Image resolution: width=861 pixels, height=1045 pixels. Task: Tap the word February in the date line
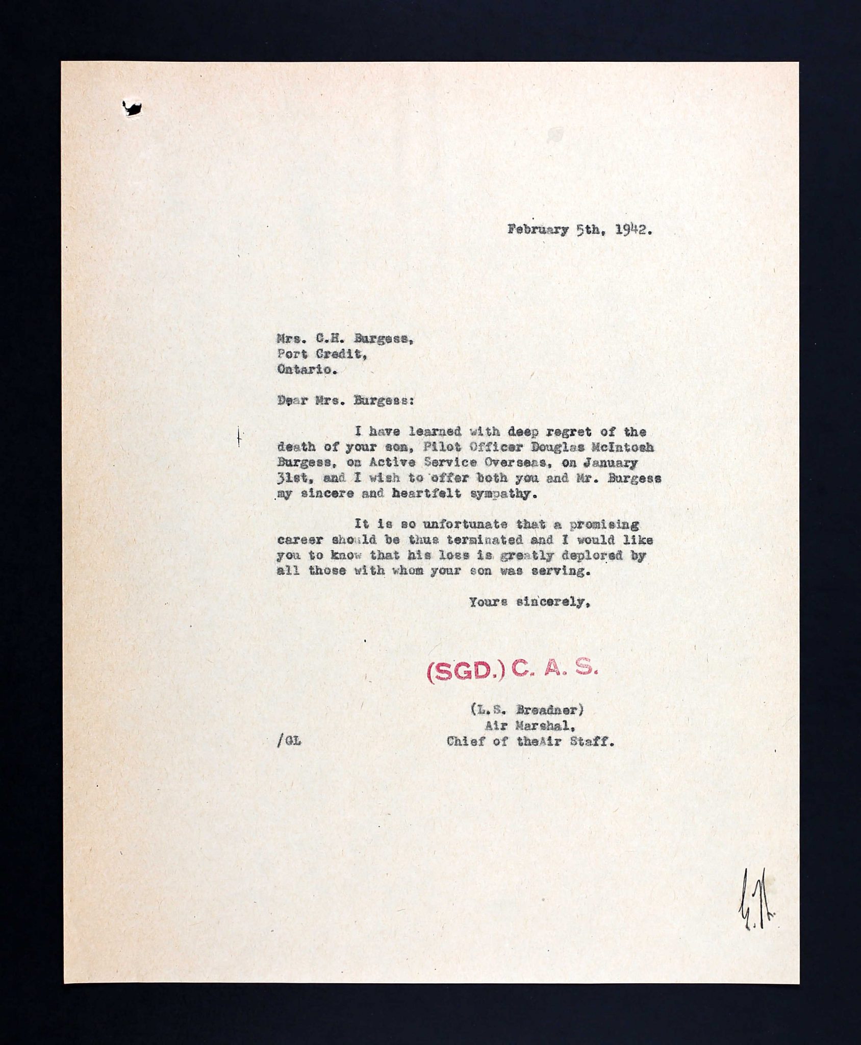[538, 230]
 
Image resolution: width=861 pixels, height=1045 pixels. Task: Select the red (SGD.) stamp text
[465, 673]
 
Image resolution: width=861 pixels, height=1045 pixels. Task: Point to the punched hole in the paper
[132, 108]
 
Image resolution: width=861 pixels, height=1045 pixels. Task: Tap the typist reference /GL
[289, 741]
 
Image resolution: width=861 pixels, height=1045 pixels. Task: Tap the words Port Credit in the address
[321, 355]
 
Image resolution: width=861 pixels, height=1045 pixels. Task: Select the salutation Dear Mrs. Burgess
[345, 401]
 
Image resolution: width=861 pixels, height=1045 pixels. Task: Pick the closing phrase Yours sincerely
[529, 602]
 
